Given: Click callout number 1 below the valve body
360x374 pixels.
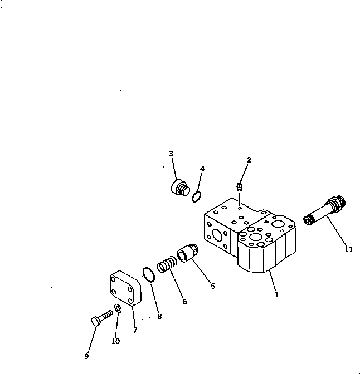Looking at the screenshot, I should [276, 295].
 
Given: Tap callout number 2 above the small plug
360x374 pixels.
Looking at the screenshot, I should [249, 160].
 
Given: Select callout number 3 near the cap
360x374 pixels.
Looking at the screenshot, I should [171, 154].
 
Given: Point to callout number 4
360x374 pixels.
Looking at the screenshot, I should [202, 168].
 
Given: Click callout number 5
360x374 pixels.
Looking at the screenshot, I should [212, 287].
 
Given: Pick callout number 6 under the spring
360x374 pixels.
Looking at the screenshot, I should [184, 302].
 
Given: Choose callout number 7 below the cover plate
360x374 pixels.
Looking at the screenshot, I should [135, 330].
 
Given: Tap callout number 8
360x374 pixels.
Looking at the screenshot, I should [159, 317].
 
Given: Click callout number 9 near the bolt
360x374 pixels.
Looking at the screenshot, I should [86, 356].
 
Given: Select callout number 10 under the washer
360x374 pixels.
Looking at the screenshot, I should [115, 341].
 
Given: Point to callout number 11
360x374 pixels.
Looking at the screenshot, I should [348, 250].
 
